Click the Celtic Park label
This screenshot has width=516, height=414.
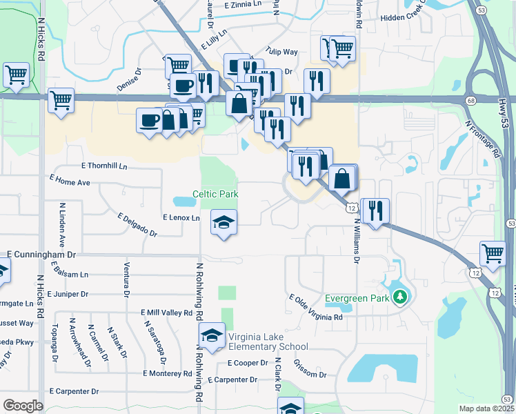tap(215, 194)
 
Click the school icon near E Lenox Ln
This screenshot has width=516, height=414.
tap(223, 222)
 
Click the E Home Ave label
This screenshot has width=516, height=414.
tap(70, 180)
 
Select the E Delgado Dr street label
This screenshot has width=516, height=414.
tap(137, 224)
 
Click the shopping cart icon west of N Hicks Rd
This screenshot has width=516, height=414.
tap(15, 73)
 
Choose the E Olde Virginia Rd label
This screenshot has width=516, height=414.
tap(315, 308)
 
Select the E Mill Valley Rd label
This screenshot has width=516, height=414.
tap(166, 312)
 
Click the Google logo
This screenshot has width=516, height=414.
tap(23, 405)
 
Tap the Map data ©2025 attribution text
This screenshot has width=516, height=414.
tap(486, 409)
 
